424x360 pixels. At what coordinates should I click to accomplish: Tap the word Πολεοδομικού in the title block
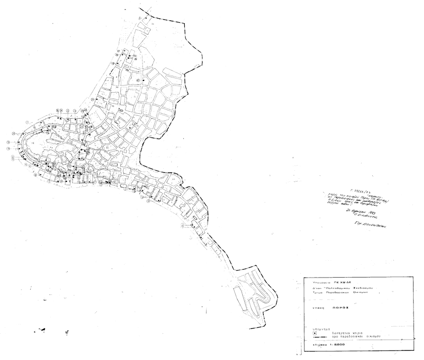coord(338,288)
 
